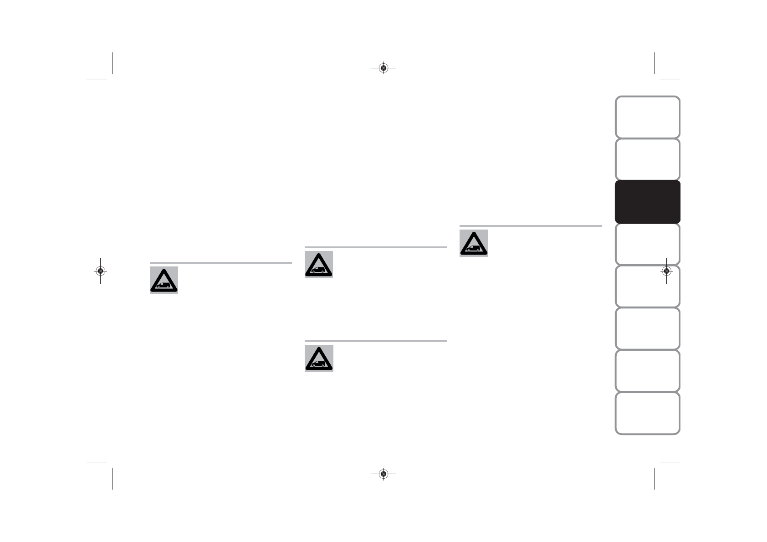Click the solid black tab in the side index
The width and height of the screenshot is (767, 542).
tap(647, 202)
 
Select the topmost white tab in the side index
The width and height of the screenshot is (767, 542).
tap(647, 117)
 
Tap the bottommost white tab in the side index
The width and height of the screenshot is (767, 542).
tap(647, 414)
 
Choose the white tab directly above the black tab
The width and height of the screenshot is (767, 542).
tap(647, 159)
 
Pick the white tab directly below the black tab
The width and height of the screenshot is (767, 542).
tap(647, 244)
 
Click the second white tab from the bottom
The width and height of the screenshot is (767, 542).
tap(647, 371)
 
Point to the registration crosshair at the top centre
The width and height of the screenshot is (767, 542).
tap(383, 68)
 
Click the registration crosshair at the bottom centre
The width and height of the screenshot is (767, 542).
tap(383, 474)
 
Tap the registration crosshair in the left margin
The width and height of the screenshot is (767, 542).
tap(100, 271)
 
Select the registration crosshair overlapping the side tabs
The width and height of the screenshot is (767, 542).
tap(666, 271)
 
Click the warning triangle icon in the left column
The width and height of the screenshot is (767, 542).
tap(164, 280)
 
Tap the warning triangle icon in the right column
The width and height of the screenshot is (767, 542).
tap(474, 243)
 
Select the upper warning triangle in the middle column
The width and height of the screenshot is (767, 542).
tap(319, 265)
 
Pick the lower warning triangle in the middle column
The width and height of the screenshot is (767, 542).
tap(319, 358)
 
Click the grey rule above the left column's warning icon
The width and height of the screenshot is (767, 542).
tap(220, 263)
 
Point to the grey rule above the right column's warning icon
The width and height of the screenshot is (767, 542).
tap(531, 226)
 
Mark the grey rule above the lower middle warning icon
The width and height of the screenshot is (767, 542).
tap(376, 341)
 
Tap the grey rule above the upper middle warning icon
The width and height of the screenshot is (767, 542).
tap(376, 247)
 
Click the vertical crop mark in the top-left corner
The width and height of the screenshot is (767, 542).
tap(112, 63)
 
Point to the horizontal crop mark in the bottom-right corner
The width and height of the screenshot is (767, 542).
tap(670, 462)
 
